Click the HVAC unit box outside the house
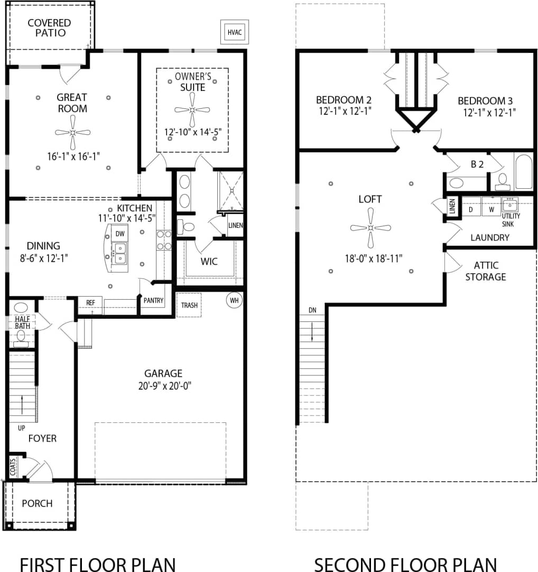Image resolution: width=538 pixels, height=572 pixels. click(x=235, y=32)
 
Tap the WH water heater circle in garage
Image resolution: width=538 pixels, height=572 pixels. click(x=234, y=301)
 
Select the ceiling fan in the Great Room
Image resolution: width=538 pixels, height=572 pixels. click(x=73, y=132)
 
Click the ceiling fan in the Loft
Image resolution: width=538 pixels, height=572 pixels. click(x=370, y=228)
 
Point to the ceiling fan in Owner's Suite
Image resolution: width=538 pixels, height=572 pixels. click(x=192, y=109)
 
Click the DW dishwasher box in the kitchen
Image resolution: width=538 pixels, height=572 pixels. click(x=120, y=233)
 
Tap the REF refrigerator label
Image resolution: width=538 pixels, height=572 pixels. click(x=90, y=303)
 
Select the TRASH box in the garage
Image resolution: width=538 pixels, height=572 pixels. click(x=189, y=305)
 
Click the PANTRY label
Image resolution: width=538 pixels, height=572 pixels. click(x=154, y=301)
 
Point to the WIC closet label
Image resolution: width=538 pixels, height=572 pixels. click(x=210, y=262)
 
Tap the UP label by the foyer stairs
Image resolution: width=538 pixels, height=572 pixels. click(x=21, y=427)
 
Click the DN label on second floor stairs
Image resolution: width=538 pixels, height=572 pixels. click(x=312, y=310)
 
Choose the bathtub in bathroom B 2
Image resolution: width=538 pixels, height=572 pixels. click(x=523, y=171)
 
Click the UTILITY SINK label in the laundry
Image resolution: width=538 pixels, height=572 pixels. click(x=511, y=220)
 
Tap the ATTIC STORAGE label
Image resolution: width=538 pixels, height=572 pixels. click(x=486, y=271)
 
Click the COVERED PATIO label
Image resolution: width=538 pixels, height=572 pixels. click(x=49, y=27)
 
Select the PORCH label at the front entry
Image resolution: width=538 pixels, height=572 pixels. click(x=37, y=503)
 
